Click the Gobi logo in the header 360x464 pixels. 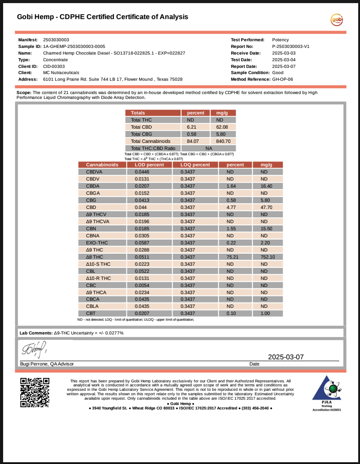pyautogui.click(x=337, y=20)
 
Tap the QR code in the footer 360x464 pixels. pyautogui.click(x=35, y=392)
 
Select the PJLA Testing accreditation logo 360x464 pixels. pyautogui.click(x=327, y=393)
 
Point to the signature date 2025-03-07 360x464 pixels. pyautogui.click(x=286, y=357)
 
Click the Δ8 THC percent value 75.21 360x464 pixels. pyautogui.click(x=230, y=257)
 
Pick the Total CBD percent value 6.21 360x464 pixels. pyautogui.click(x=192, y=127)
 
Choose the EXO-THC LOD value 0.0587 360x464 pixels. pyautogui.click(x=142, y=243)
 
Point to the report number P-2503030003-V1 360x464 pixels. pyautogui.click(x=290, y=46)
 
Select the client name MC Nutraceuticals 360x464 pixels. pyautogui.click(x=61, y=72)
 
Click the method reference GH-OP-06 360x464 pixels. pyautogui.click(x=282, y=79)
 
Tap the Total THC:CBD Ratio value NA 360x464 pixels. pyautogui.click(x=209, y=148)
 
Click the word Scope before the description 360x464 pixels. pyautogui.click(x=23, y=93)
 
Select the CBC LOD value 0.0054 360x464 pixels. pyautogui.click(x=142, y=285)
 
